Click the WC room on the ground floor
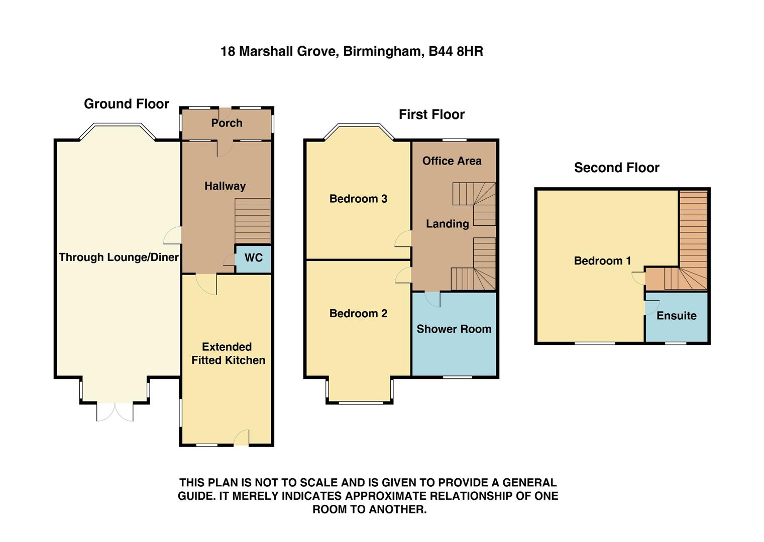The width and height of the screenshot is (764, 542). (254, 258)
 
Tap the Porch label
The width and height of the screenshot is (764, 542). (227, 123)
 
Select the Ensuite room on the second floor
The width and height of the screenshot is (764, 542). (677, 316)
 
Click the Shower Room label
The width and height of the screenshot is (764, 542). (454, 329)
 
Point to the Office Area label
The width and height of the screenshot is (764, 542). (452, 161)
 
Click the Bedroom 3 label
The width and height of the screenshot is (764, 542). (358, 199)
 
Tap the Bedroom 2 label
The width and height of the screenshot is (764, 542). (358, 314)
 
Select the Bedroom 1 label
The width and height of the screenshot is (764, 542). (602, 261)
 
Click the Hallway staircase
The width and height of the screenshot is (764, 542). (253, 221)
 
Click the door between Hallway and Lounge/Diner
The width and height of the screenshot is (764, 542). (173, 235)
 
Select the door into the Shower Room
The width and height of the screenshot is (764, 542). (432, 299)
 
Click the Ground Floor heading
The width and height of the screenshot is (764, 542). (127, 104)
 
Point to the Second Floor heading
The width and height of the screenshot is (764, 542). (616, 168)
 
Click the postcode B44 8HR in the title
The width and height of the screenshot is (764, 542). (456, 51)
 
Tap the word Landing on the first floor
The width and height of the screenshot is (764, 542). (447, 224)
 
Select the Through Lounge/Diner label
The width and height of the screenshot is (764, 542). (119, 257)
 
